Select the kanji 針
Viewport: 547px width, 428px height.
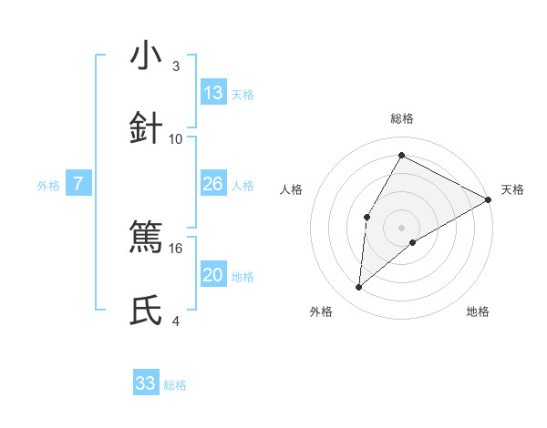coord(147,128)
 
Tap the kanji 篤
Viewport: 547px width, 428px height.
coord(147,239)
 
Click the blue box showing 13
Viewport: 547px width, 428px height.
coord(213,93)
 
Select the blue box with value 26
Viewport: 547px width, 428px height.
coord(213,184)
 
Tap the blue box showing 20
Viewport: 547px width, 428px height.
coord(213,275)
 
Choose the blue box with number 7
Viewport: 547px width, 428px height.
coord(78,184)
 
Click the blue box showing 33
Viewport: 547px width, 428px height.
coord(146,383)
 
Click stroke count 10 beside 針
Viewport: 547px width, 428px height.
coord(176,138)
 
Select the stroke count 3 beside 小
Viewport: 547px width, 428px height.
coord(176,66)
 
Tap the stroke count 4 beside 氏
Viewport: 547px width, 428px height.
coord(176,321)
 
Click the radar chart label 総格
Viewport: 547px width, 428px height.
coord(402,118)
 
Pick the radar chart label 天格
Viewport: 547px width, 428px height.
coord(512,189)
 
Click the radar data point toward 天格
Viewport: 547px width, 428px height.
coord(489,199)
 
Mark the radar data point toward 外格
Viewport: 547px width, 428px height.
coord(359,288)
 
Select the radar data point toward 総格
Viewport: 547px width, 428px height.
coord(401,155)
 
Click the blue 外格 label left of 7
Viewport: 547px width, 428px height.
coord(48,185)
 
